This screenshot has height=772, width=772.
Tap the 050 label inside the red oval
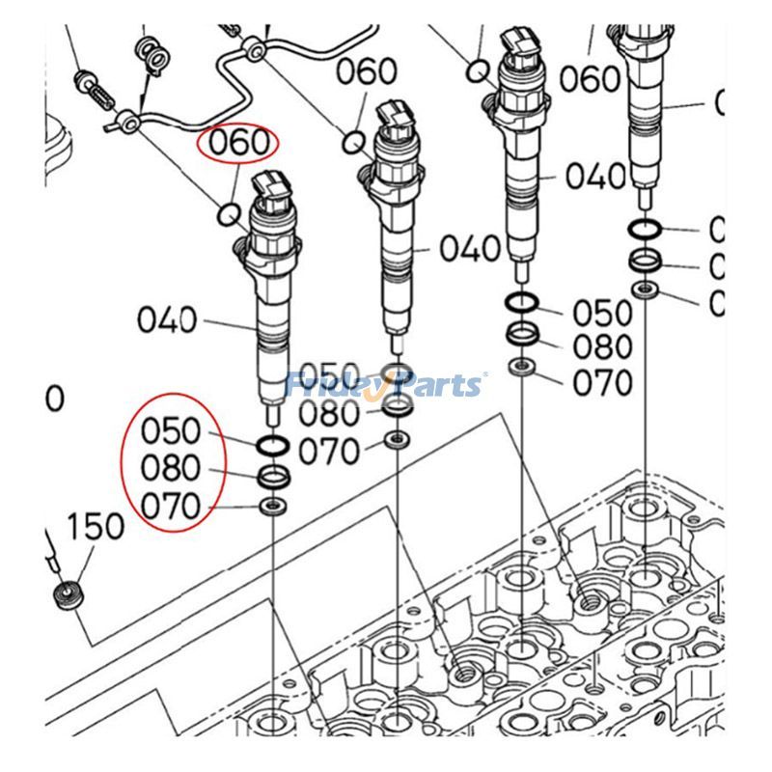[170, 429]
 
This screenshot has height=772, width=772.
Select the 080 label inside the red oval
[170, 468]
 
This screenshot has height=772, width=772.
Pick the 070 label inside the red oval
[170, 505]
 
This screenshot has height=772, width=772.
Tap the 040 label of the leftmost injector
[166, 319]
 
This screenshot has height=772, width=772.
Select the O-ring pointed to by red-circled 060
[230, 213]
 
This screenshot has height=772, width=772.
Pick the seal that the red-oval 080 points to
[273, 477]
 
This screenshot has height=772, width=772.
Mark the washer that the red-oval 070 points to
[273, 507]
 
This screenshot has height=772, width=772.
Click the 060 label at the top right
[588, 78]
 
